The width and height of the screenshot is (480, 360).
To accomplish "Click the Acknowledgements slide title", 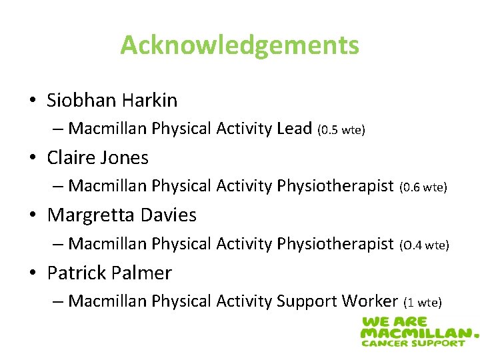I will [x=239, y=45].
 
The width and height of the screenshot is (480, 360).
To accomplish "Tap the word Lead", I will [x=293, y=129].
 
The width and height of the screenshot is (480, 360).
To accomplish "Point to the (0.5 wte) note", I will [x=341, y=130].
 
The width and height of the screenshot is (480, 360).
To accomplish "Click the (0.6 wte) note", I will [x=423, y=188].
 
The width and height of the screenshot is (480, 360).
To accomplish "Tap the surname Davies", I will [x=169, y=215].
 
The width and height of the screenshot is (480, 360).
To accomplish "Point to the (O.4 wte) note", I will [x=424, y=245].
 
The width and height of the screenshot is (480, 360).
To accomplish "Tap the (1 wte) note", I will [x=423, y=303].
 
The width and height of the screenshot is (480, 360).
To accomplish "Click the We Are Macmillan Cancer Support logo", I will [x=419, y=331].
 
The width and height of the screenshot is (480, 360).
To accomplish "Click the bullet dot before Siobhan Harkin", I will [x=33, y=101].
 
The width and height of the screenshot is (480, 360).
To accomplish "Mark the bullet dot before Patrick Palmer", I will [x=33, y=273].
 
